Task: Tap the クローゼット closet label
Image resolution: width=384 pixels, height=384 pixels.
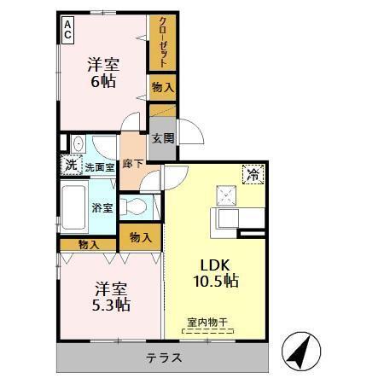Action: pos(161,42)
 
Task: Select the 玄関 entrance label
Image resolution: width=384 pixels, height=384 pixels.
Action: pos(161,138)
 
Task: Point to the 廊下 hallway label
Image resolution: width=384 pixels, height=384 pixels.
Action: pos(132,162)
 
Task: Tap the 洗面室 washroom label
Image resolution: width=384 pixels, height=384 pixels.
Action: pos(99,167)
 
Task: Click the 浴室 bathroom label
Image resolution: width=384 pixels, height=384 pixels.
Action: pos(102,206)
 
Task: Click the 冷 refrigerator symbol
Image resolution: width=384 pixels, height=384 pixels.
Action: pos(253,172)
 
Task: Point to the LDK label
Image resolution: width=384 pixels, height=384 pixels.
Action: pos(213,263)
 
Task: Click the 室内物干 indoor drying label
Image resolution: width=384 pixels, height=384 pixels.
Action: pos(208,322)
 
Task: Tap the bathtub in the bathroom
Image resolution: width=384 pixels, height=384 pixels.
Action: pos(76,207)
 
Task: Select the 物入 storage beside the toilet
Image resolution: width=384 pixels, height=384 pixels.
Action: pos(141,236)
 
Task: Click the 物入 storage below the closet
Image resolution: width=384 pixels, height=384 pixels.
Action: pos(163,86)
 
